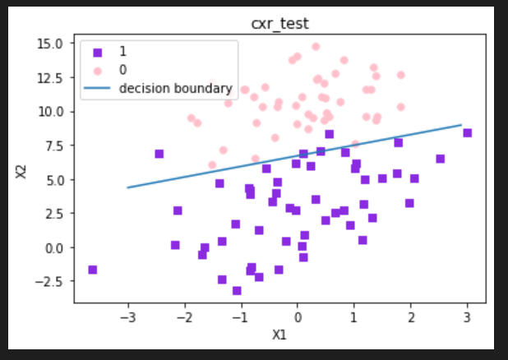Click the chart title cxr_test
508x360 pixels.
(281, 23)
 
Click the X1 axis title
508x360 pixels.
(281, 335)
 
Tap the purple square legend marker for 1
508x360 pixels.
(97, 51)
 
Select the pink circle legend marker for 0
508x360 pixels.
(97, 69)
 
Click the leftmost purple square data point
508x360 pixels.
(93, 270)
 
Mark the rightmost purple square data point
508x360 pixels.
(467, 132)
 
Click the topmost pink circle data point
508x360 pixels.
(316, 47)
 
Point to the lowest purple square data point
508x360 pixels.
(237, 290)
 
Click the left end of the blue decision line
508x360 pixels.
(127, 187)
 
